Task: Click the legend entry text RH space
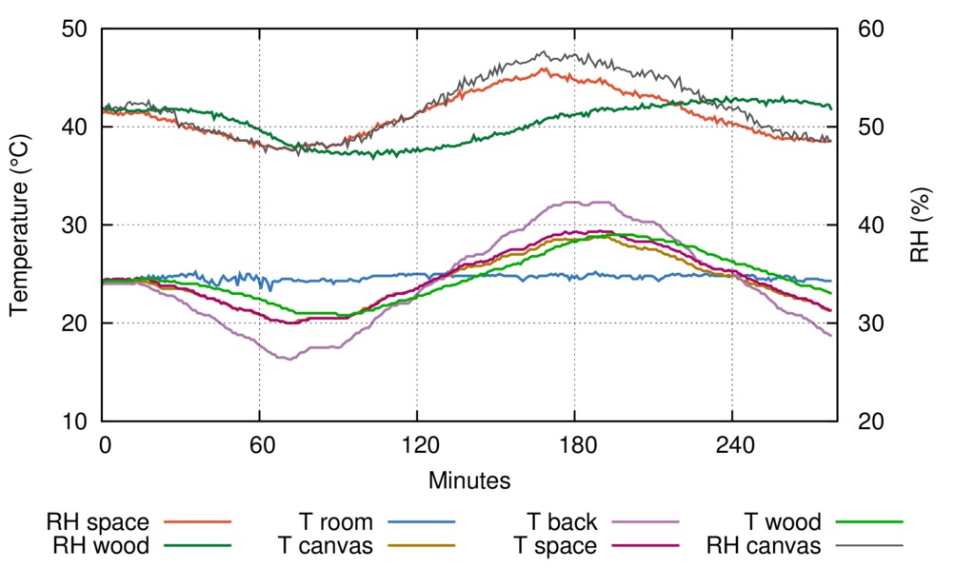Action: [x=97, y=522]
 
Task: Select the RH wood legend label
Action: [x=100, y=546]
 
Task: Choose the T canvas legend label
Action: [x=325, y=546]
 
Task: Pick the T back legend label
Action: [x=562, y=522]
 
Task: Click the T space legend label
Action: [x=555, y=546]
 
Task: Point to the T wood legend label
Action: [x=782, y=522]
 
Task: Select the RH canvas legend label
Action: [x=763, y=546]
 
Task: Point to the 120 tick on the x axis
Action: [x=417, y=446]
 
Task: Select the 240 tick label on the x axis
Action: [x=731, y=446]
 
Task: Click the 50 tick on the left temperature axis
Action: [x=74, y=29]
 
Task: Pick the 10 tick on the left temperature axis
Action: [x=74, y=421]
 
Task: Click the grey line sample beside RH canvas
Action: [x=869, y=546]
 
